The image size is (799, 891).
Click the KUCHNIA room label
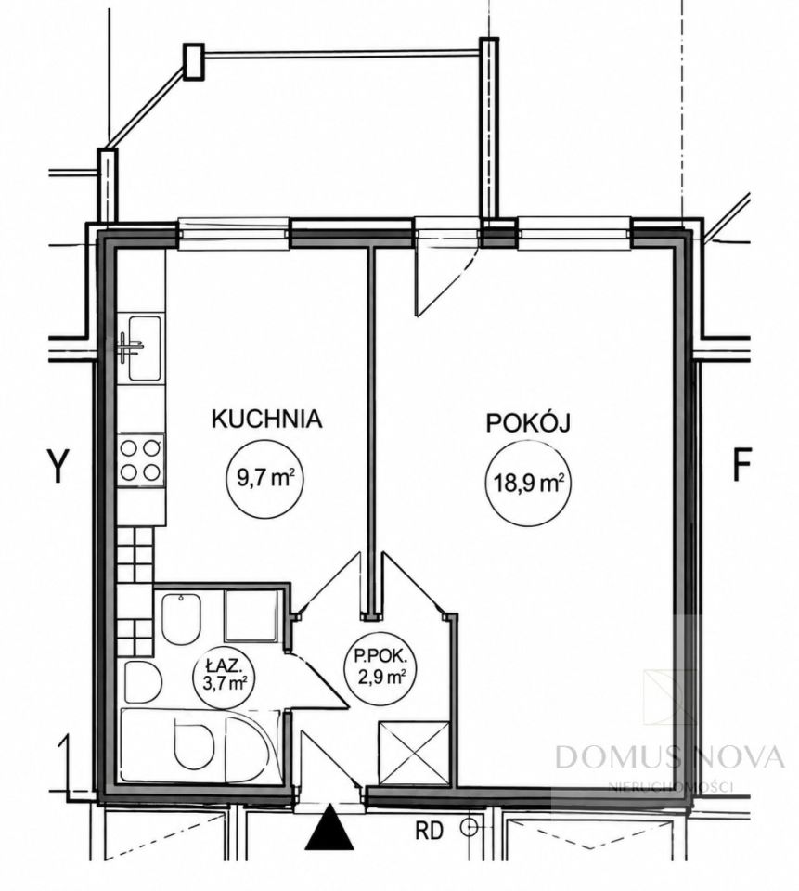coord(266,419)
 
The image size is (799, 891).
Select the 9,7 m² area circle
coord(264,479)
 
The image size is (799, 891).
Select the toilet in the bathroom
coord(181,619)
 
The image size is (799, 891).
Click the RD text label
coord(430,832)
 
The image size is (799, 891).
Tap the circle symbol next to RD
coord(470,827)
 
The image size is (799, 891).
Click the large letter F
coord(741,465)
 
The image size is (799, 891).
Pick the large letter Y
coord(57,465)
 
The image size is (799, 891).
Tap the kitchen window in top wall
coord(235,234)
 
